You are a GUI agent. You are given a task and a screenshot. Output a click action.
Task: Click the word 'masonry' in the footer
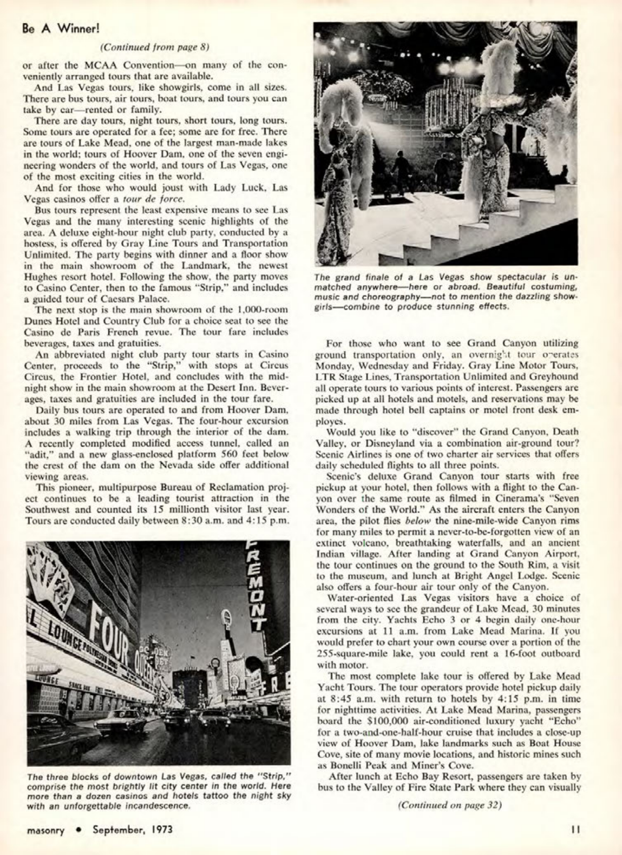(45, 830)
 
